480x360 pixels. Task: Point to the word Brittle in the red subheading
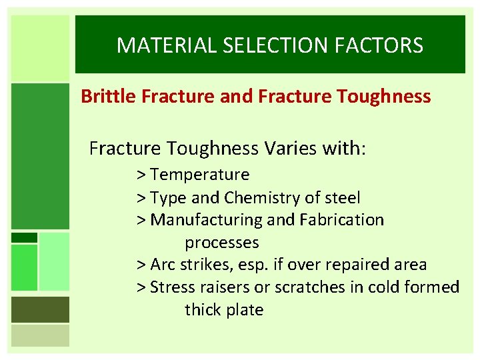click(109, 97)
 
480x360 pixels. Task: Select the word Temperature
click(200, 175)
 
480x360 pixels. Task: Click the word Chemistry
click(263, 198)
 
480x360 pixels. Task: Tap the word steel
click(341, 198)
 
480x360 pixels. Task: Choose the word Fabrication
click(341, 220)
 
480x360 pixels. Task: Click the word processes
click(222, 242)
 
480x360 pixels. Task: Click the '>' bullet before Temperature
click(141, 175)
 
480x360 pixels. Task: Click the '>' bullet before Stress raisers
click(141, 287)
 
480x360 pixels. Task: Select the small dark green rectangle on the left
click(25, 237)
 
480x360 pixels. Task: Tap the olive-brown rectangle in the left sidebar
click(40, 309)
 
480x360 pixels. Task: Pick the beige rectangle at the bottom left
click(40, 335)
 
